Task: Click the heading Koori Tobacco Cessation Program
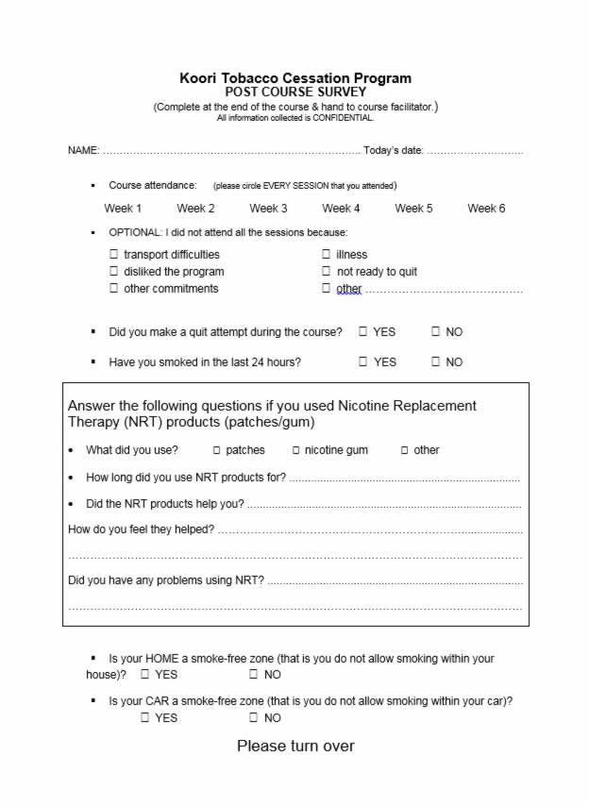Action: [295, 78]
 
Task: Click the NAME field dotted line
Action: [231, 151]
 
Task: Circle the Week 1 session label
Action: [123, 209]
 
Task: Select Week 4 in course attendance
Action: [341, 209]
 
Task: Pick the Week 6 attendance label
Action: [486, 209]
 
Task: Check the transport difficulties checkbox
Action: [114, 254]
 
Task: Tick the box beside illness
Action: [327, 254]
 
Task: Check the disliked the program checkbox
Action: [114, 272]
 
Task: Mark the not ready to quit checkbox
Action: [327, 272]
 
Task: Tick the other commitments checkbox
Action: [114, 289]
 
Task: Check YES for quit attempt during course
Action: [363, 331]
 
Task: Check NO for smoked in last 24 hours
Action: [436, 361]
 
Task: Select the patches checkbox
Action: [216, 450]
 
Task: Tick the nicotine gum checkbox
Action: [295, 450]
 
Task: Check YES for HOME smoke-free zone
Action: [145, 675]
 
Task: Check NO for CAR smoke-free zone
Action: [254, 718]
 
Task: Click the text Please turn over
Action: [295, 747]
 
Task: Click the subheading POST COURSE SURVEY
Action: [295, 92]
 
